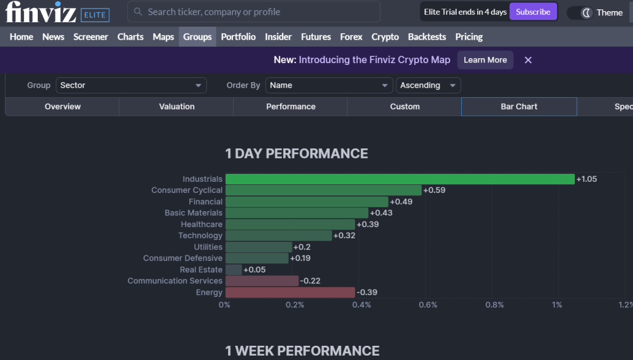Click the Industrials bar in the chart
tap(399, 179)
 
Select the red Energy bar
tap(290, 292)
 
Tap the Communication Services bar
tap(261, 281)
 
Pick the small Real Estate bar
tap(234, 270)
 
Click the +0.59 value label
tap(434, 190)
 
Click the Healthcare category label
tap(201, 224)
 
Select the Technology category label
tap(200, 235)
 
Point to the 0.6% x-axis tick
tap(428, 304)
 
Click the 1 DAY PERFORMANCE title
tap(296, 153)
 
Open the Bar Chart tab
tap(519, 106)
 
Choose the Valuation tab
tap(177, 106)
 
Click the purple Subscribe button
tap(533, 12)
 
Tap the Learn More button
tap(485, 60)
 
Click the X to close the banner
tap(528, 60)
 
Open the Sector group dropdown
tap(131, 85)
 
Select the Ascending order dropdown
tap(428, 85)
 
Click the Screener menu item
tap(91, 36)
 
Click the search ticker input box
tap(253, 12)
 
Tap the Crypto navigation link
tap(385, 36)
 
